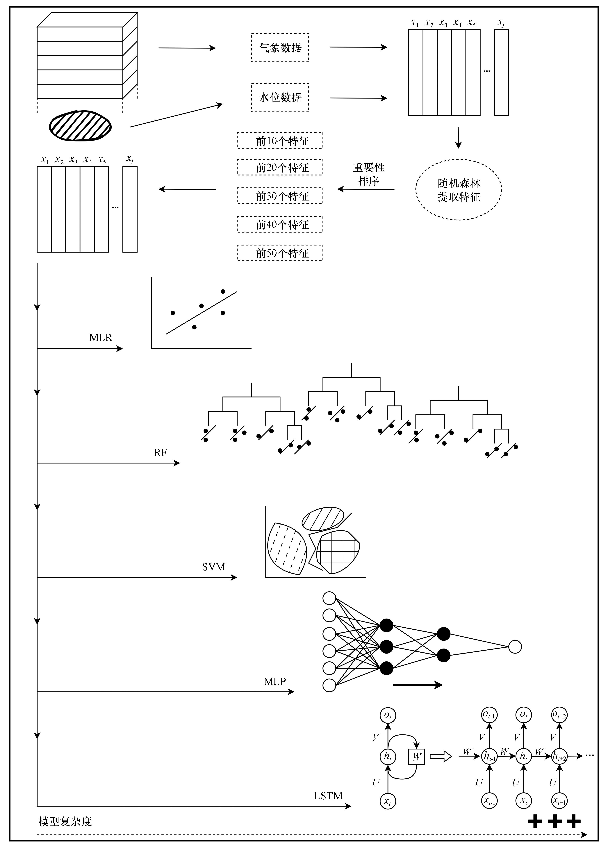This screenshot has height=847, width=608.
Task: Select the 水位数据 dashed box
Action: pos(280,97)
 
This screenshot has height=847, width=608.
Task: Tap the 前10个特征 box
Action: pos(280,140)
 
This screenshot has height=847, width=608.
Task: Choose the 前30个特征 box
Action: pos(280,196)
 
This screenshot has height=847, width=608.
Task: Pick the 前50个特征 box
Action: pos(280,253)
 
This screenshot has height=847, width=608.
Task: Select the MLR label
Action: pos(100,338)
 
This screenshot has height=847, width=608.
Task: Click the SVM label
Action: pos(213,567)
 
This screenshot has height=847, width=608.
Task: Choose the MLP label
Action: pos(275,682)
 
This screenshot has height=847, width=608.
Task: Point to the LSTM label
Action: pos(328,796)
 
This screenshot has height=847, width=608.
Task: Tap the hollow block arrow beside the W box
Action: pos(440,757)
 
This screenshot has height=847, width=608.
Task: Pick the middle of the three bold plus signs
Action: pos(555,821)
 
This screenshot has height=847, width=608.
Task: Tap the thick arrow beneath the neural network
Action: pos(417,685)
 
